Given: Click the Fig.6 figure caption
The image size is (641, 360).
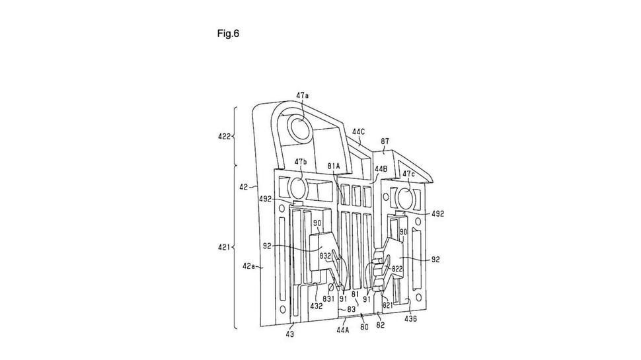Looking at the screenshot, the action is (228, 34).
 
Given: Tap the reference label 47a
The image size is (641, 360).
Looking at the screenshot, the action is (303, 95).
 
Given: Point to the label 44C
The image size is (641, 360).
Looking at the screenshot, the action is (358, 131).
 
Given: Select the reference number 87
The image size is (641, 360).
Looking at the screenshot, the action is (385, 142).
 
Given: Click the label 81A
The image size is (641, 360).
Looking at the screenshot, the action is (334, 166).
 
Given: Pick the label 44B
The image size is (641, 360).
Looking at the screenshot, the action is (380, 168).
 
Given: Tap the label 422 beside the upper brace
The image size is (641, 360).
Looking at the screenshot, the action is (225, 136).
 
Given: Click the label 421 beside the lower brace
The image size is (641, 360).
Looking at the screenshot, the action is (224, 247).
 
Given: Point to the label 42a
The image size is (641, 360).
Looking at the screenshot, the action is (248, 266).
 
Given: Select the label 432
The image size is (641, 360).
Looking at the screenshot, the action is (316, 306).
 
